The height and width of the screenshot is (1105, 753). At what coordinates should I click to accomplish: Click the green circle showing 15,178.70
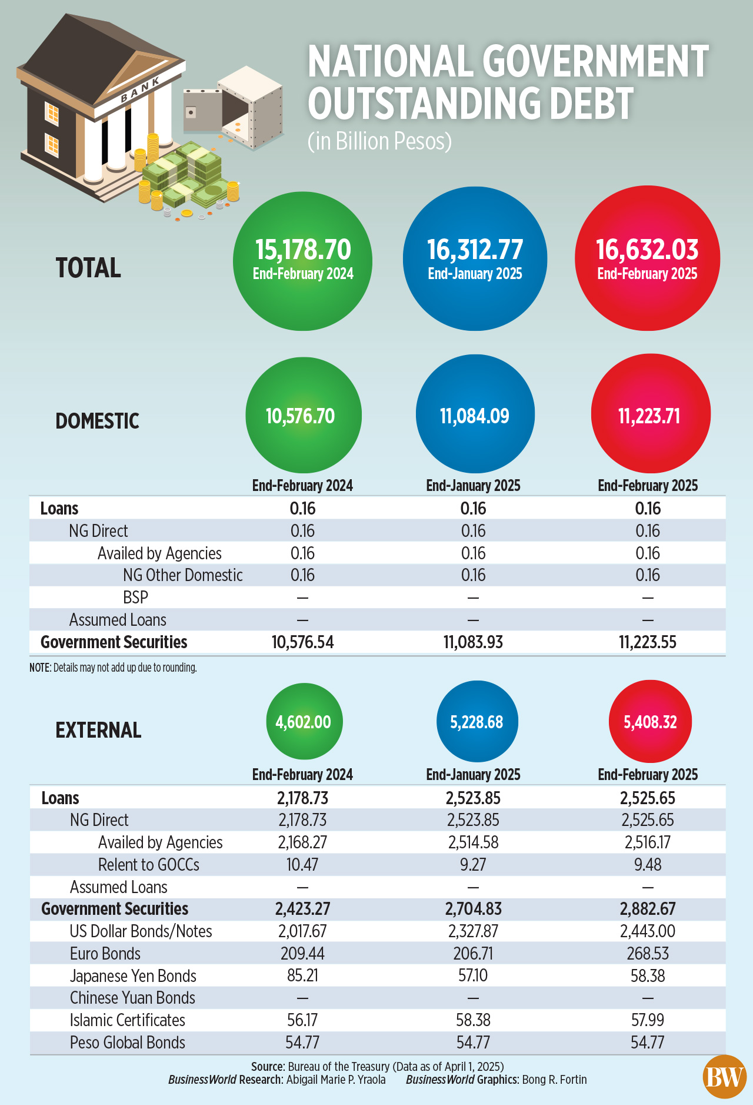pyautogui.click(x=302, y=261)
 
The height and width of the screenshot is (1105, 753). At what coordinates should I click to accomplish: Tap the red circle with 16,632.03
pyautogui.click(x=647, y=259)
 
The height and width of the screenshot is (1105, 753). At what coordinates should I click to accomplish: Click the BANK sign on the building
pyautogui.click(x=140, y=90)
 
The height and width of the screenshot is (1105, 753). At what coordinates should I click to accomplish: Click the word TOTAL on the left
pyautogui.click(x=88, y=268)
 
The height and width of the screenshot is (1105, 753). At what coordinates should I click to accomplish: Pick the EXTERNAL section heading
pyautogui.click(x=98, y=730)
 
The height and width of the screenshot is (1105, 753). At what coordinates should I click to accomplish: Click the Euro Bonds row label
pyautogui.click(x=105, y=953)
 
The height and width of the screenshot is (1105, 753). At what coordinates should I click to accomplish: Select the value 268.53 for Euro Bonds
pyautogui.click(x=648, y=953)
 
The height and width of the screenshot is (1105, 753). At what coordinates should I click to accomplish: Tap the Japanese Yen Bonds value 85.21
pyautogui.click(x=302, y=975)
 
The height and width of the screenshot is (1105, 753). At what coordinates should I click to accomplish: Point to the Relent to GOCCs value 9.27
pyautogui.click(x=473, y=864)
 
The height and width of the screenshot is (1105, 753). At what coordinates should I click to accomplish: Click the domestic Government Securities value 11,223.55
pyautogui.click(x=648, y=642)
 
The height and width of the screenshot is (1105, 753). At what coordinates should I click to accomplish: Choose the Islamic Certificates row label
pyautogui.click(x=127, y=1020)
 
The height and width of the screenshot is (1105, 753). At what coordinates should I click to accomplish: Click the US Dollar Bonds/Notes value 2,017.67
pyautogui.click(x=302, y=931)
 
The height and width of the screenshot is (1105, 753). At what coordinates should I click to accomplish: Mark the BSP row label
pyautogui.click(x=135, y=597)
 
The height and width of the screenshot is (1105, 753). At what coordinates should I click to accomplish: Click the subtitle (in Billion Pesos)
pyautogui.click(x=379, y=141)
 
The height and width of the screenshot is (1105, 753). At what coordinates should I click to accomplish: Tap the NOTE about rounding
pyautogui.click(x=113, y=668)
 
